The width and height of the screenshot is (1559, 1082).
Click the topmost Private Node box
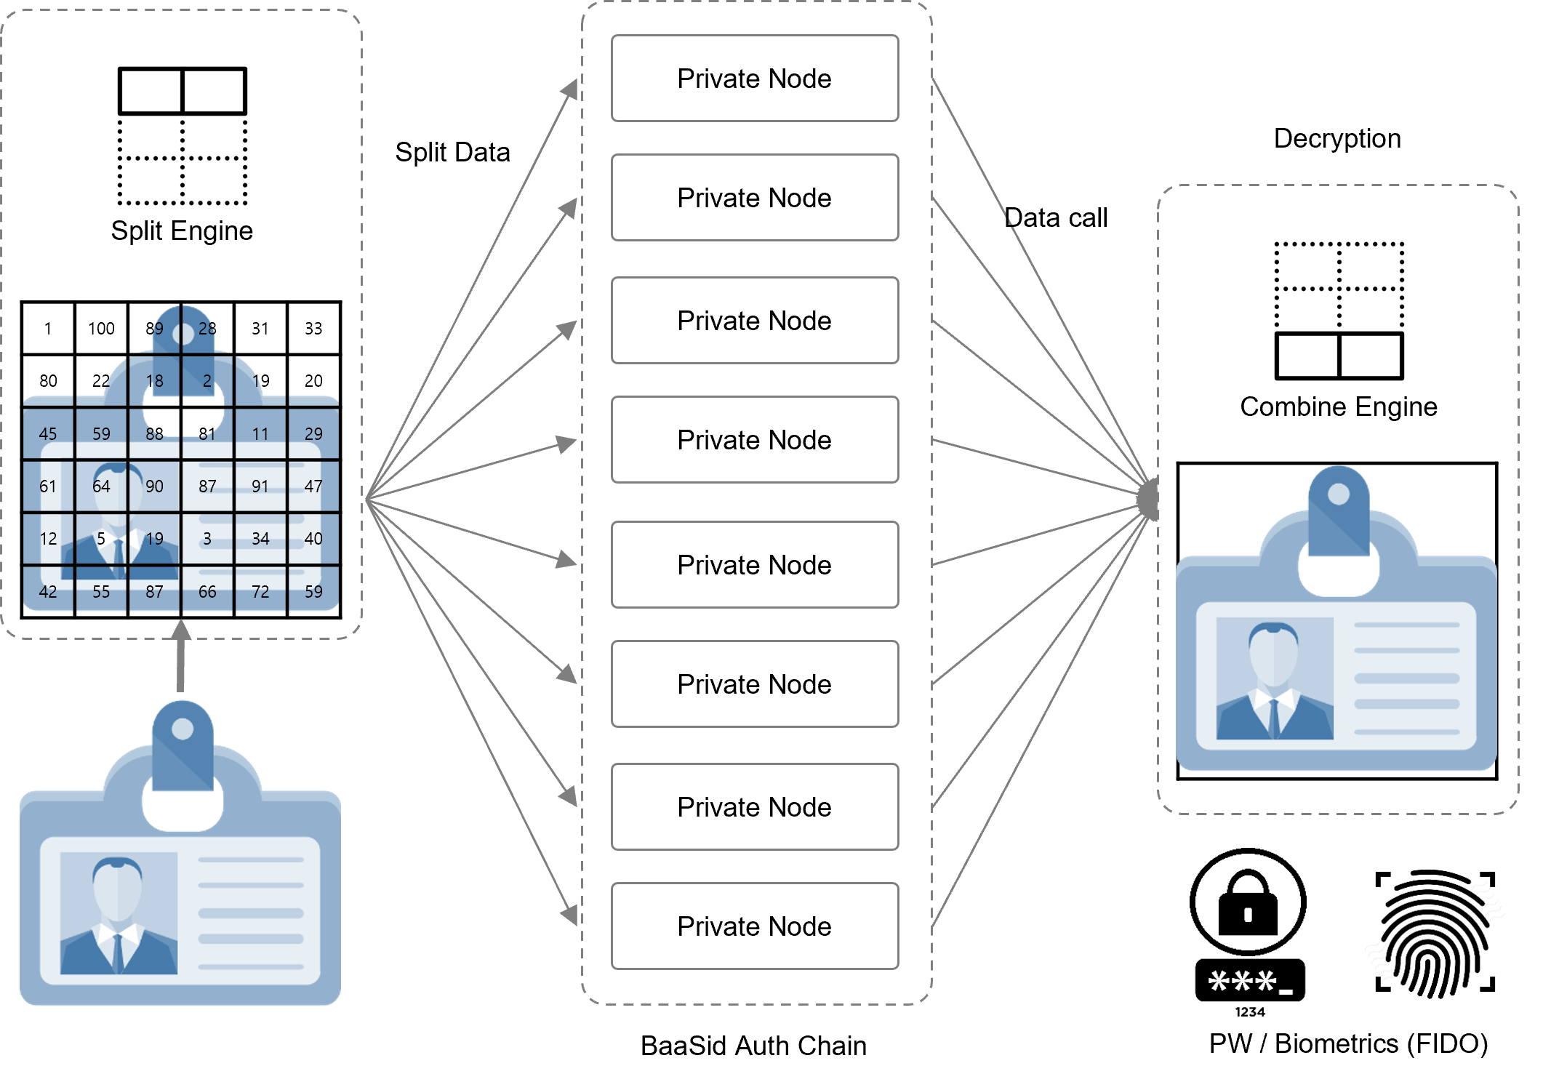pos(755,79)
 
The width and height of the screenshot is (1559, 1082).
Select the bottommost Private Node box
pos(755,926)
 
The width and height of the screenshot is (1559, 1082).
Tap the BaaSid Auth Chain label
pos(753,1046)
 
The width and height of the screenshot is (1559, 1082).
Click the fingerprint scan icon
pos(1435,931)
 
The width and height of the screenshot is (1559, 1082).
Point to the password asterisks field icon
pos(1249,981)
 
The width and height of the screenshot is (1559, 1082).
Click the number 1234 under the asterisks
pos(1250,1012)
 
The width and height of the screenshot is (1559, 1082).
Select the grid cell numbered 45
pos(48,434)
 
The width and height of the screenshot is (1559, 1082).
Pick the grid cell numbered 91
pos(260,486)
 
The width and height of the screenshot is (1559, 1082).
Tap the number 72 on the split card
pos(260,592)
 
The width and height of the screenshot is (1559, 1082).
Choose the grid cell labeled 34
pos(260,539)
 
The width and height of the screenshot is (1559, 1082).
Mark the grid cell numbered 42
pos(48,592)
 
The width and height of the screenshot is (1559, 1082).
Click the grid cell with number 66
pos(207,592)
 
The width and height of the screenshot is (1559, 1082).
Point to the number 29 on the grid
pos(313,434)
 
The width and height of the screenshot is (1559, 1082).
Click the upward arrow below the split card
pos(181,654)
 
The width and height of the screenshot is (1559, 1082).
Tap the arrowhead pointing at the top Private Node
pos(570,90)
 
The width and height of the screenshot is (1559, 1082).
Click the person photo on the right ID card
pos(1274,678)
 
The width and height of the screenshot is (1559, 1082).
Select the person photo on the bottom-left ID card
pos(118,913)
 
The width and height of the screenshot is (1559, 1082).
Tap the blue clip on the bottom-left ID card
pos(183,746)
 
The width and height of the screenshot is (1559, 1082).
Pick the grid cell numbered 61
pos(48,486)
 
